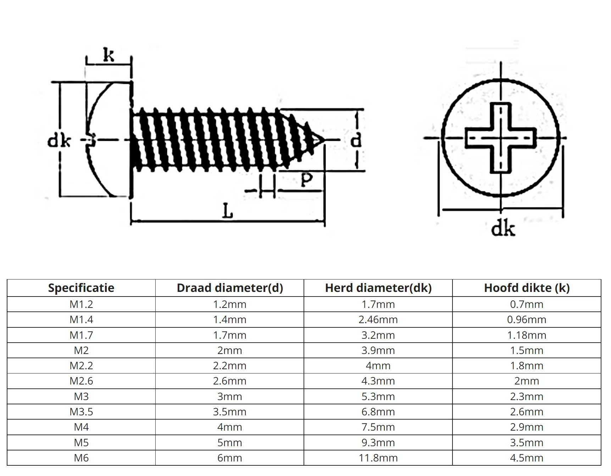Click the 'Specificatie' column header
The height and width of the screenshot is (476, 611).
(81, 288)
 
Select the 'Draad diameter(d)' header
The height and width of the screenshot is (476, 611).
(230, 288)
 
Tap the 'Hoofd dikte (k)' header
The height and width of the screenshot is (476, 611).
(527, 288)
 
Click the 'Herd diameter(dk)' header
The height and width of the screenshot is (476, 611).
(378, 288)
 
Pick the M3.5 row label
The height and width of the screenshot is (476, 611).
(81, 412)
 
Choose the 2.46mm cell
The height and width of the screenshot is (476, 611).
(378, 320)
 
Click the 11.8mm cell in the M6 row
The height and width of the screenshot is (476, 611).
(378, 458)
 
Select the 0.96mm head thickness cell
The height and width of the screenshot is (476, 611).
(527, 320)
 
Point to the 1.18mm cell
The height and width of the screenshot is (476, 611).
(527, 335)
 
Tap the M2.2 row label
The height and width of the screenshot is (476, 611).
(81, 366)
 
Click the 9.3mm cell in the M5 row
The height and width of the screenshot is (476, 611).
(378, 443)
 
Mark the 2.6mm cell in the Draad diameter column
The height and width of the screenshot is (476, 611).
(230, 381)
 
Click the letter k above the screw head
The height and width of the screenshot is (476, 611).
(109, 55)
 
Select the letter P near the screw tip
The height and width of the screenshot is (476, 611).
(306, 179)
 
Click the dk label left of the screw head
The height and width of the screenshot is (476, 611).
(59, 141)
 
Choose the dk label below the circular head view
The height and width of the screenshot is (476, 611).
(502, 229)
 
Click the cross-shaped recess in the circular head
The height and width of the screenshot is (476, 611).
(500, 138)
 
